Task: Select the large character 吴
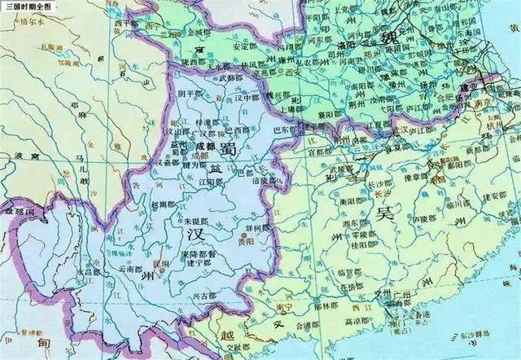(383, 213)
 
